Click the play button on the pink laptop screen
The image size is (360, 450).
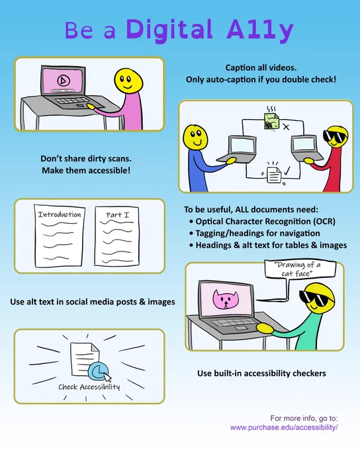tap(64, 80)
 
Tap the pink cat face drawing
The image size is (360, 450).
tap(226, 300)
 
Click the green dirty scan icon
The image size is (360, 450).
tap(271, 121)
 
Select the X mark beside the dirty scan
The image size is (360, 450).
tap(286, 127)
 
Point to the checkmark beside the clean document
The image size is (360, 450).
tap(287, 171)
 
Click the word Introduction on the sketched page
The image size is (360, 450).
tap(60, 214)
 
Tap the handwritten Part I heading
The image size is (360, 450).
tap(117, 215)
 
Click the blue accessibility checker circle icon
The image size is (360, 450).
tap(98, 371)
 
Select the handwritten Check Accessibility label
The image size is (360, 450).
tap(89, 387)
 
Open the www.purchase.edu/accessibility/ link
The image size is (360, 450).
tap(284, 427)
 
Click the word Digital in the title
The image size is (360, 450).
tap(169, 30)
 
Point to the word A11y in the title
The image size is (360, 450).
tap(260, 31)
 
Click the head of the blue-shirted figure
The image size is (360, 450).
tap(195, 137)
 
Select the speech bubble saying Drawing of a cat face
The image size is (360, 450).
tap(300, 269)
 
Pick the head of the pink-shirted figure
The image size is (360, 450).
tap(128, 80)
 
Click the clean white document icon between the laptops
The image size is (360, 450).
tap(274, 175)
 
